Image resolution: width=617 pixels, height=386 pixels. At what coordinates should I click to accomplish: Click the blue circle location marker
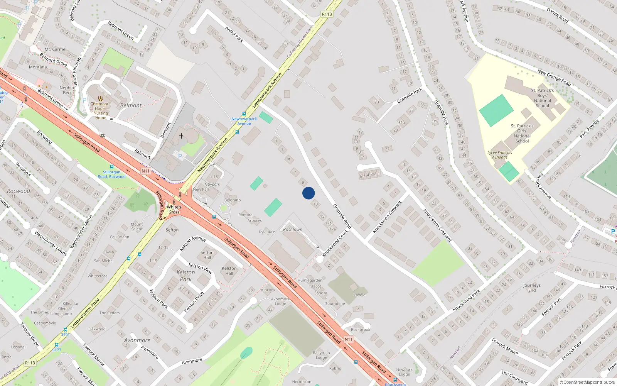308,193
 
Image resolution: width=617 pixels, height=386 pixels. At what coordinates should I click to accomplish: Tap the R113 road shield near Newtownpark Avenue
327,14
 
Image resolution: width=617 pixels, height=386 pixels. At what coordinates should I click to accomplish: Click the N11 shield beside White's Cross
145,171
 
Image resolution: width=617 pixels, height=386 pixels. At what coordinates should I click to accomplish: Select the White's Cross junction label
174,210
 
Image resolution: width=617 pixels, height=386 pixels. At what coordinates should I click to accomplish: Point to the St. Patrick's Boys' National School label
542,98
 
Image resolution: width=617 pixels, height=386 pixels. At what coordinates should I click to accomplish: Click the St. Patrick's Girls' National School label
522,134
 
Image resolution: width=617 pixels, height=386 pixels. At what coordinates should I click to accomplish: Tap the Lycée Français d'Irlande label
500,155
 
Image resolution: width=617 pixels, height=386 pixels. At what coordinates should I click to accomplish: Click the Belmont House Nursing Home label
101,111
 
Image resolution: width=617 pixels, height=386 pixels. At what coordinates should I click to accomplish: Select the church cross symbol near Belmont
181,136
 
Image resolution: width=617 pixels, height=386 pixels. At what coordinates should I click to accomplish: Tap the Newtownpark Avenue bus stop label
244,121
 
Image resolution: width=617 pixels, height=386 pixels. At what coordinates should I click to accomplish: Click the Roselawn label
293,229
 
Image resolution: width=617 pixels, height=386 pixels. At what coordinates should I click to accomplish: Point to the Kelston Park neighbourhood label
185,276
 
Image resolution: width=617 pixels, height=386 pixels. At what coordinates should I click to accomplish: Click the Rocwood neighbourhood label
19,191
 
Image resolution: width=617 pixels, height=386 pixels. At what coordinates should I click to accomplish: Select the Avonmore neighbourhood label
137,340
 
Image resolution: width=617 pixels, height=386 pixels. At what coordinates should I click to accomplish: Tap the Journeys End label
532,288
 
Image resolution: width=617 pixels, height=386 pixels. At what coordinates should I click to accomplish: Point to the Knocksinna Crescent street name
437,225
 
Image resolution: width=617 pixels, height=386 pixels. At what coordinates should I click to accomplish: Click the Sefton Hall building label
207,255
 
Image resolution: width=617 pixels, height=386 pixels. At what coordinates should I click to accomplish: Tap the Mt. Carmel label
56,49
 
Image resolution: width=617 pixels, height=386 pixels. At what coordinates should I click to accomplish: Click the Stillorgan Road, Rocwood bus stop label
111,174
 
